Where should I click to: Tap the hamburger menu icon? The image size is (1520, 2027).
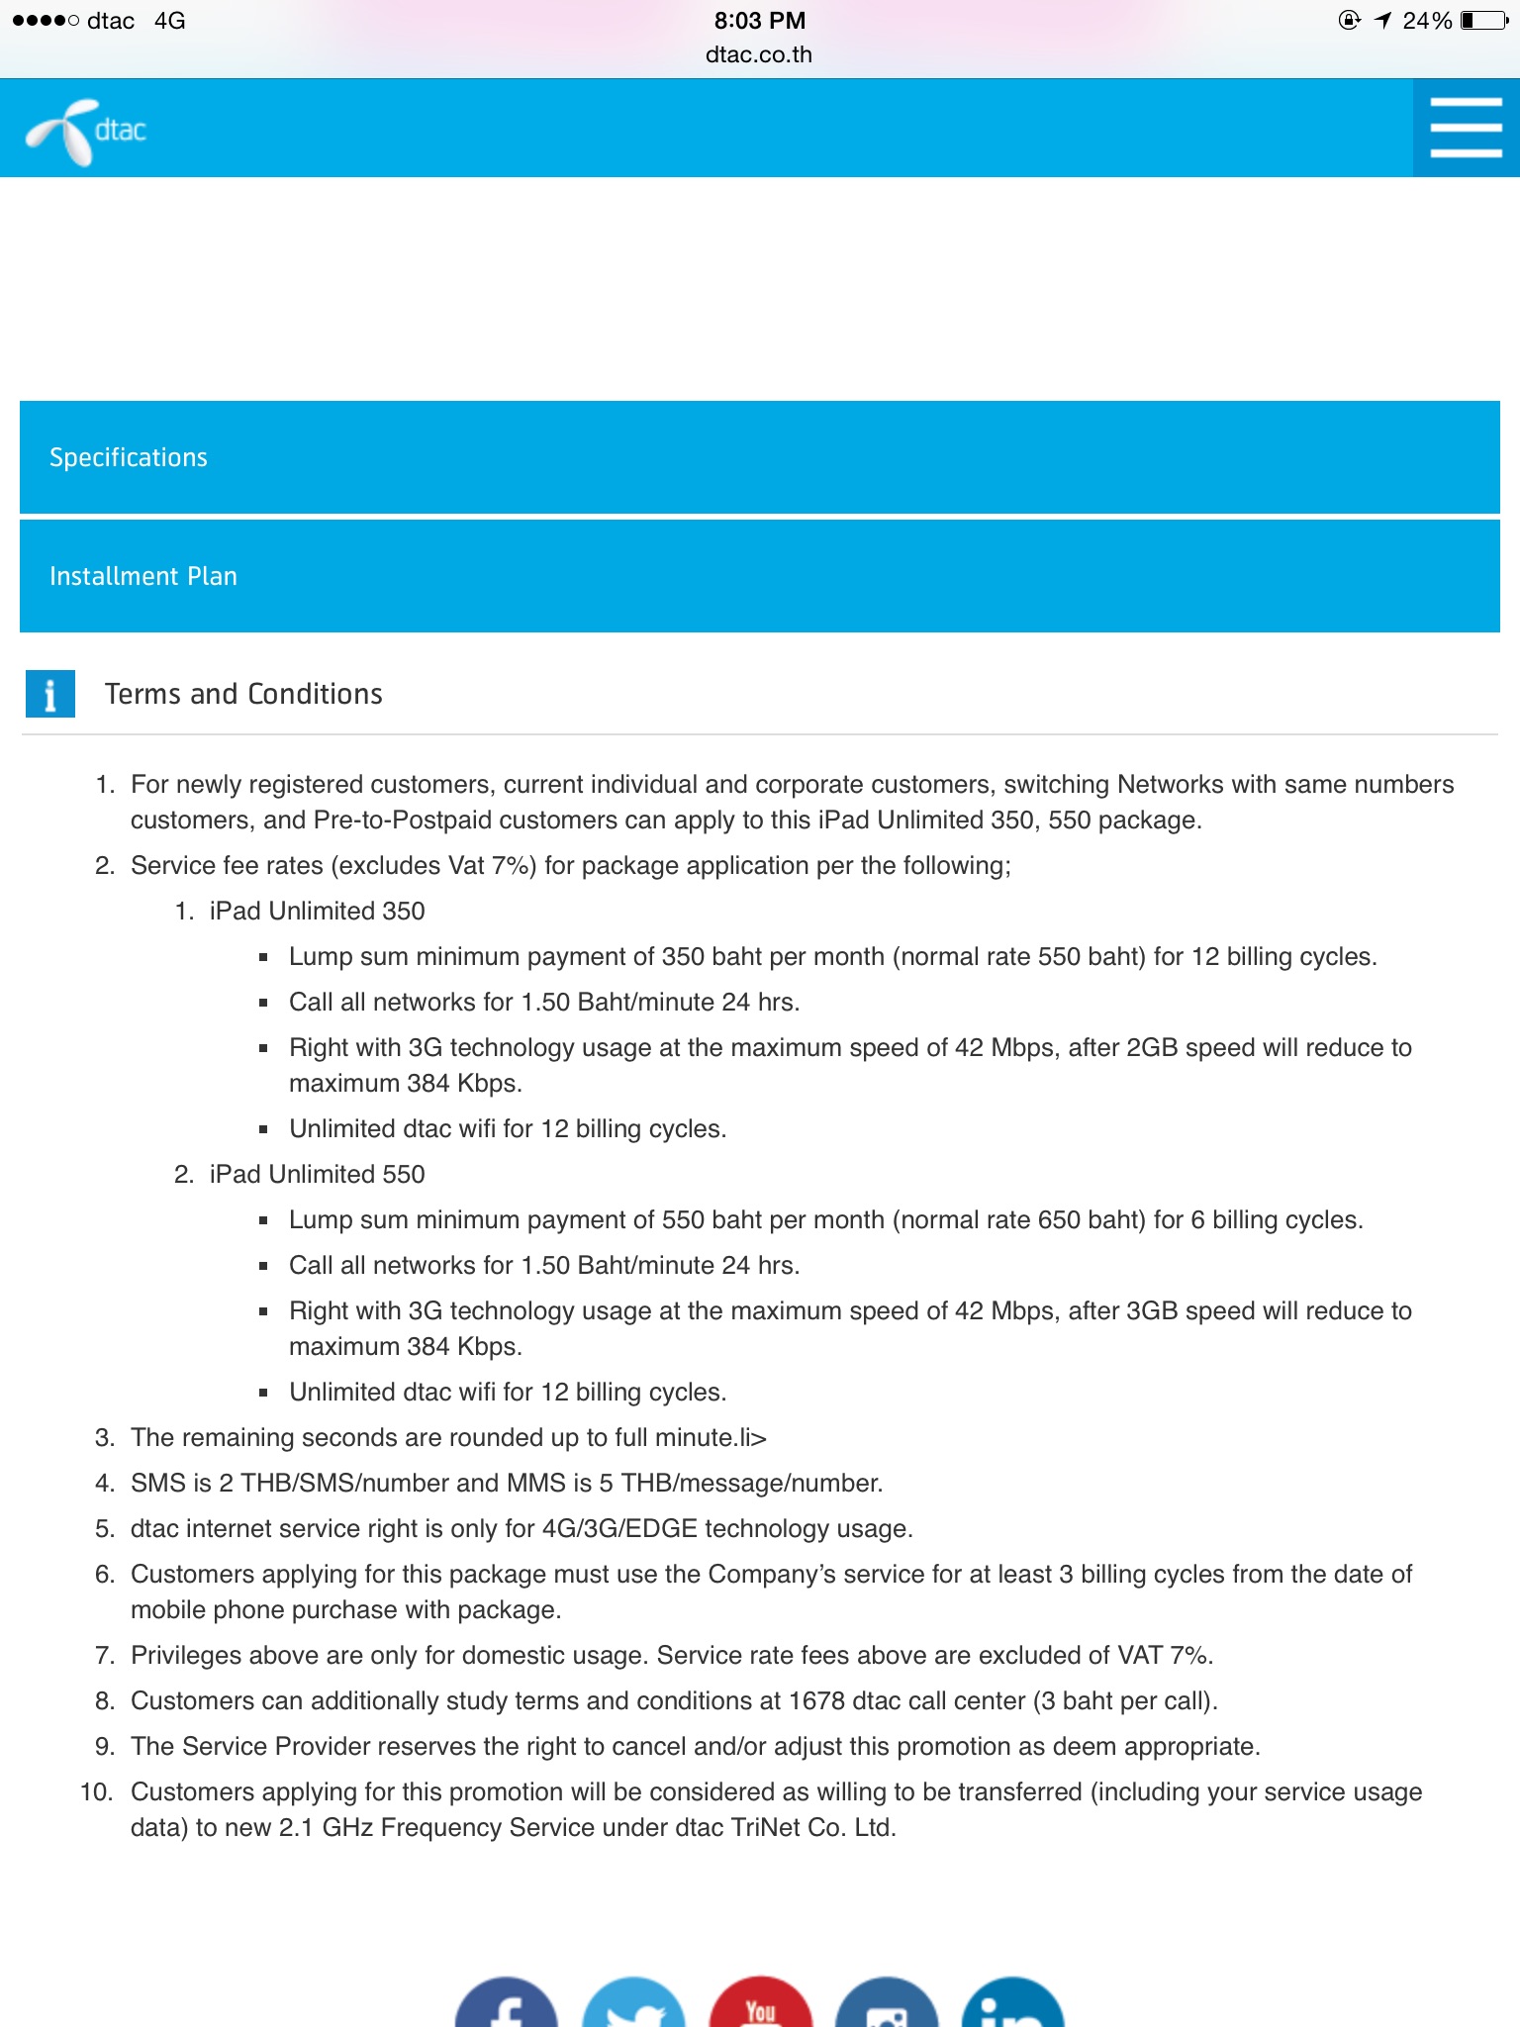pyautogui.click(x=1466, y=128)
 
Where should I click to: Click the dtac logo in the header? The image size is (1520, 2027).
pyautogui.click(x=87, y=131)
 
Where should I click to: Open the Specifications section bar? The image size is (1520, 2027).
pyautogui.click(x=759, y=457)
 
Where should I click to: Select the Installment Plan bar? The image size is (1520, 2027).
pyautogui.click(x=759, y=576)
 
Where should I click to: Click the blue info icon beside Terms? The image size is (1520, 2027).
pyautogui.click(x=49, y=694)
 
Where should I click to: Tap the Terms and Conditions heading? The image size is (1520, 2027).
pyautogui.click(x=243, y=694)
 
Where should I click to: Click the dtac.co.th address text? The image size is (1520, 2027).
pyautogui.click(x=759, y=55)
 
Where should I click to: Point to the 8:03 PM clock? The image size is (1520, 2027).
pyautogui.click(x=759, y=21)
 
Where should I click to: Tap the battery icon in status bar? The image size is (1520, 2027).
pyautogui.click(x=1484, y=21)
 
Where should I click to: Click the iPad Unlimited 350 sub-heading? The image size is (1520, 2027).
pyautogui.click(x=317, y=911)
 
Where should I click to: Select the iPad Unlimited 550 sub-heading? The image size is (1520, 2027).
pyautogui.click(x=317, y=1174)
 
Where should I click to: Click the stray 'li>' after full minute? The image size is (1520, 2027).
pyautogui.click(x=753, y=1437)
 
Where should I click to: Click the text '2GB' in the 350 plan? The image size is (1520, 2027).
pyautogui.click(x=1152, y=1047)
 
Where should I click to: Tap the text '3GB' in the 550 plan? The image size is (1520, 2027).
pyautogui.click(x=1152, y=1310)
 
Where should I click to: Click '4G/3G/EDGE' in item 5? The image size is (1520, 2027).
pyautogui.click(x=619, y=1528)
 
